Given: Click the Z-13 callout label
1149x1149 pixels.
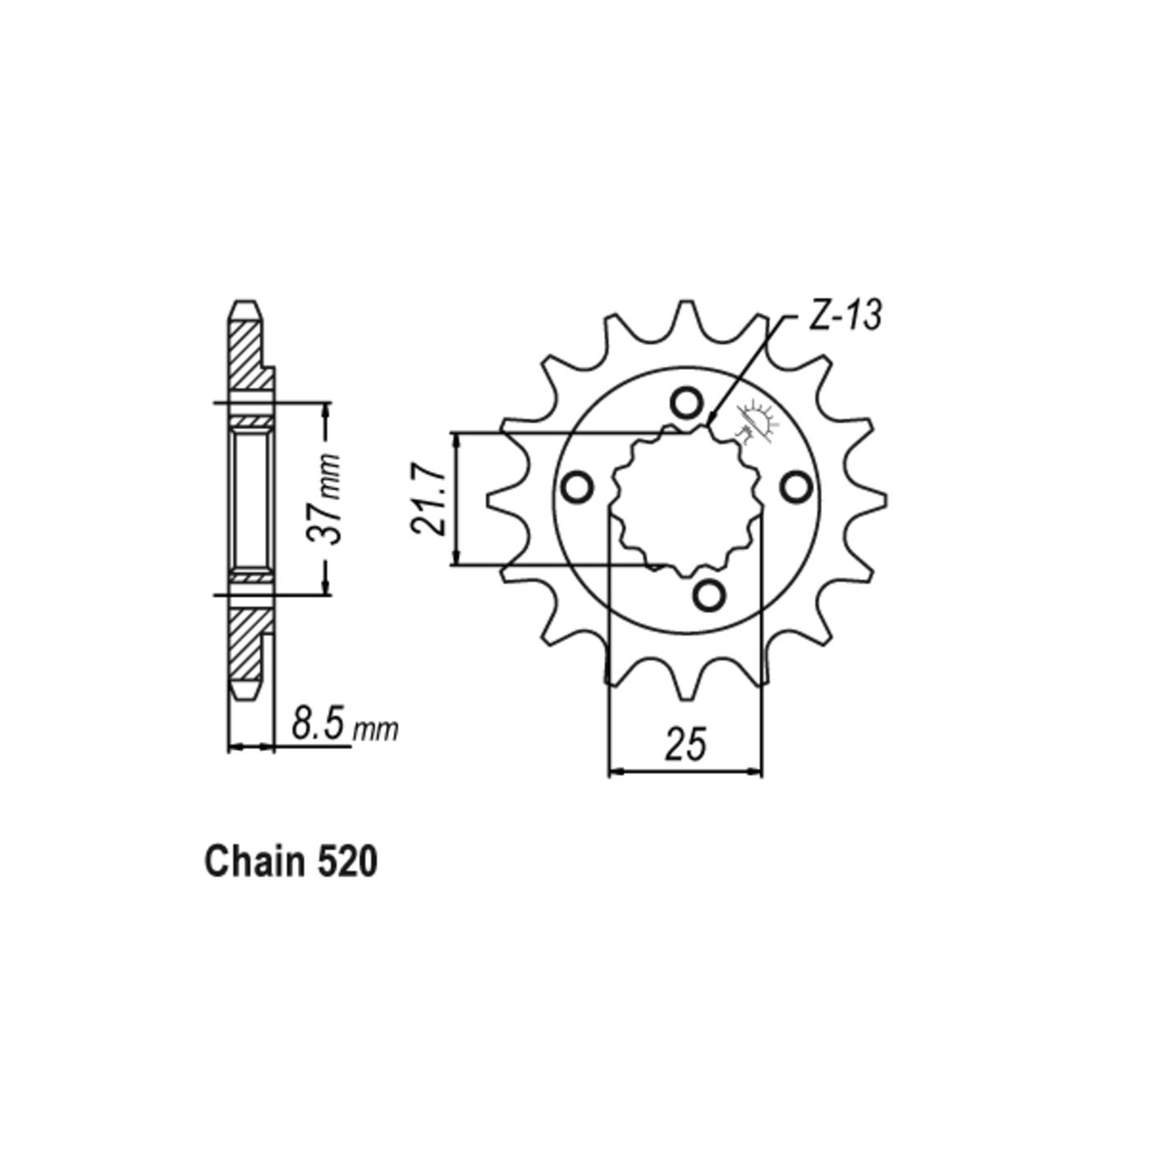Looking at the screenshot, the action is (845, 317).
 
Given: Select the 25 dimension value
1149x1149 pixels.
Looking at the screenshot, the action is (685, 744).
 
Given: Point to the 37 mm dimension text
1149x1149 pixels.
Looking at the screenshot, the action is (323, 497).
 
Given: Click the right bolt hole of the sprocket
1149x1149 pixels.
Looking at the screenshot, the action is (794, 488).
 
